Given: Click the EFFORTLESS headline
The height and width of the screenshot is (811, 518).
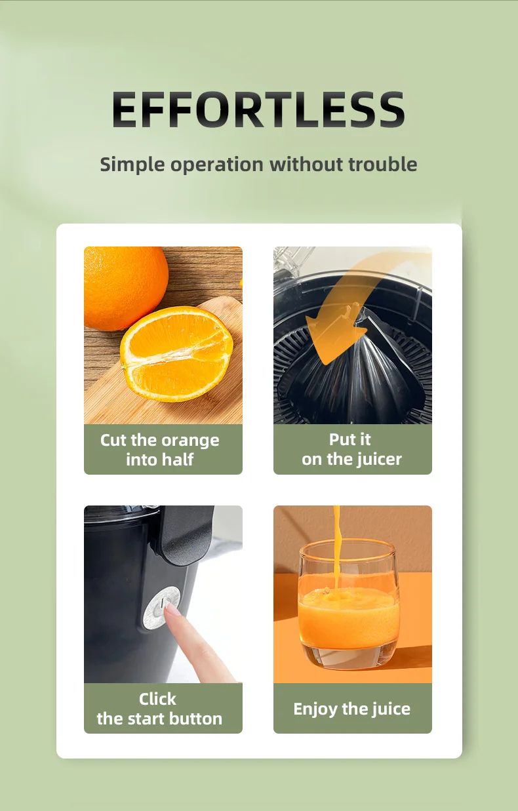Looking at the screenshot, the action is tap(258, 109).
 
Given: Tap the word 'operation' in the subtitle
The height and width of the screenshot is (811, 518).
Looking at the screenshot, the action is tap(217, 165).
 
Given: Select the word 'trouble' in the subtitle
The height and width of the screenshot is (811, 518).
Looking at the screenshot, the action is tap(383, 164).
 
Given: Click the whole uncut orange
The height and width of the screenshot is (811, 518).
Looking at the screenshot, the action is tap(125, 288).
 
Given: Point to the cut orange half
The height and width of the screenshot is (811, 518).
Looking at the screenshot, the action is tap(176, 354).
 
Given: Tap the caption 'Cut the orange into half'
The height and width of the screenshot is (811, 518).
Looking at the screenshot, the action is tap(159, 450).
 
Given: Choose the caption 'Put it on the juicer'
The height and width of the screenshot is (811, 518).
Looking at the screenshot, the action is tap(351, 449).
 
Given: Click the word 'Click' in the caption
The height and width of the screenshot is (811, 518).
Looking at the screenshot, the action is tap(157, 699).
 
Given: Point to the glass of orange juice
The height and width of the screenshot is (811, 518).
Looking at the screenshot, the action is tap(349, 604).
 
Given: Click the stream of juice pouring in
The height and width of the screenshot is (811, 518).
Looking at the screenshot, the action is tap(337, 554).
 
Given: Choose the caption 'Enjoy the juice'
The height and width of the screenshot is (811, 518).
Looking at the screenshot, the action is tap(352, 709).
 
